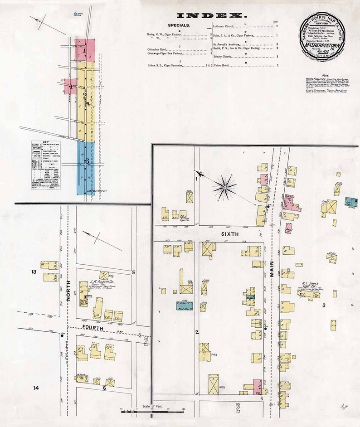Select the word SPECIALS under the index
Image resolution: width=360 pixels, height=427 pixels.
(179, 25)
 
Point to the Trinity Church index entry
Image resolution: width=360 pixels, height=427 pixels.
(224, 57)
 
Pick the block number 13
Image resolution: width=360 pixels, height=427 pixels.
(33, 272)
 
